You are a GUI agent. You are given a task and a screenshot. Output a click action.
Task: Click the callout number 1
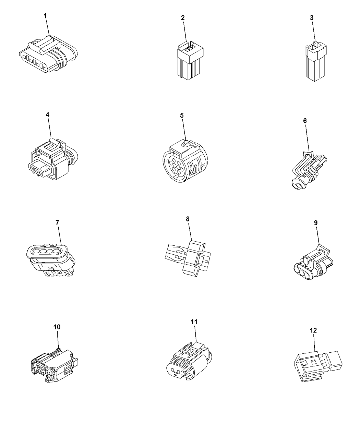(x=45, y=16)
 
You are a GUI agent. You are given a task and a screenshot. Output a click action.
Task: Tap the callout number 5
(x=182, y=115)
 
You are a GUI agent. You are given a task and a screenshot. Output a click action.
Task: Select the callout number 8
(x=188, y=219)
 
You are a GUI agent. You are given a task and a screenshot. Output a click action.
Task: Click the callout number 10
(x=57, y=327)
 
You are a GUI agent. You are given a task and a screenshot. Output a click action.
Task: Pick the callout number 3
(x=312, y=18)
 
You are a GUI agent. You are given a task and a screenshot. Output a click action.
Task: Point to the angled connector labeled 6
(x=309, y=170)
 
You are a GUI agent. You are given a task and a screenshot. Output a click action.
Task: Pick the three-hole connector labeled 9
(x=313, y=263)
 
